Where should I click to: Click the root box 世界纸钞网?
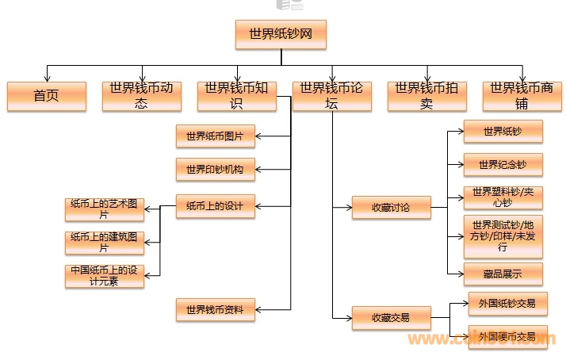point(281,33)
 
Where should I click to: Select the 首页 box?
point(46,96)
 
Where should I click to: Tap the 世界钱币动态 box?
point(141,96)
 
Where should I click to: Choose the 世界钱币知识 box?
point(236,96)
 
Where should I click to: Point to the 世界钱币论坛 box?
point(331,96)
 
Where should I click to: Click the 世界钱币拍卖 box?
point(426,96)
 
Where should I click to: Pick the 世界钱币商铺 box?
point(522,96)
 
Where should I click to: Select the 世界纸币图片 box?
point(215,136)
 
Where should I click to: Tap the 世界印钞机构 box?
point(215,169)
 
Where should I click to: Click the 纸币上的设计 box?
point(215,206)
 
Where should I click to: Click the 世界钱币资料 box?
point(215,309)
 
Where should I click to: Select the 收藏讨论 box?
point(392,208)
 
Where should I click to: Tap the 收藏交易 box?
point(392,318)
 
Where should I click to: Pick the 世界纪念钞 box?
point(503,165)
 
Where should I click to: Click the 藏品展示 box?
point(503,274)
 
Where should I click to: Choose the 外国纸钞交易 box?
point(507,303)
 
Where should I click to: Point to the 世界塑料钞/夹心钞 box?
point(503,197)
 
